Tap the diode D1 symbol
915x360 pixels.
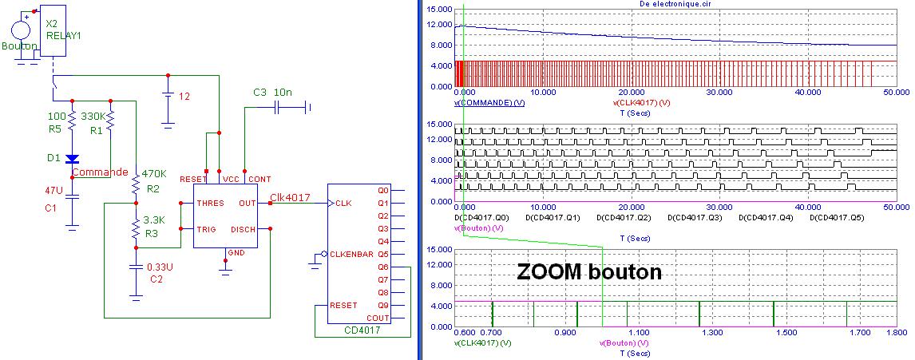click(x=72, y=159)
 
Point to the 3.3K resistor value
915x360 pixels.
click(x=153, y=219)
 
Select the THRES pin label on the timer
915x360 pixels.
click(x=210, y=204)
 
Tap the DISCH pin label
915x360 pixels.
click(x=243, y=230)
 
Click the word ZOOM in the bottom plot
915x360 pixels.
click(x=552, y=272)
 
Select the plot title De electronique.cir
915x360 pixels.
click(x=675, y=4)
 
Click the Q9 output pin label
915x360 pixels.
click(x=382, y=306)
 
